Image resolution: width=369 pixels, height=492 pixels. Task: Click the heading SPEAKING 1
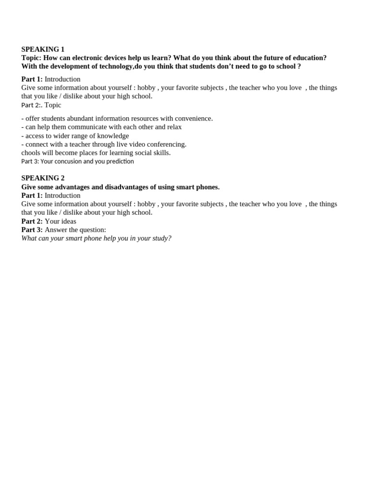pyautogui.click(x=43, y=49)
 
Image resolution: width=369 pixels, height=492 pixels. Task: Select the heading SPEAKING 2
pyautogui.click(x=43, y=178)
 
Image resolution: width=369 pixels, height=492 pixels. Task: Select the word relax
pyautogui.click(x=174, y=127)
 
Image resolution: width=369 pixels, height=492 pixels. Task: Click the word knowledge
pyautogui.click(x=113, y=135)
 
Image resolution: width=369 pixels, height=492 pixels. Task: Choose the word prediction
pyautogui.click(x=117, y=161)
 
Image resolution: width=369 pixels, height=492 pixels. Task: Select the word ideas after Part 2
pyautogui.click(x=68, y=221)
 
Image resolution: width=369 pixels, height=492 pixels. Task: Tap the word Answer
pyautogui.click(x=57, y=230)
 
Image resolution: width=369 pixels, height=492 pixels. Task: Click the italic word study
pyautogui.click(x=160, y=238)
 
